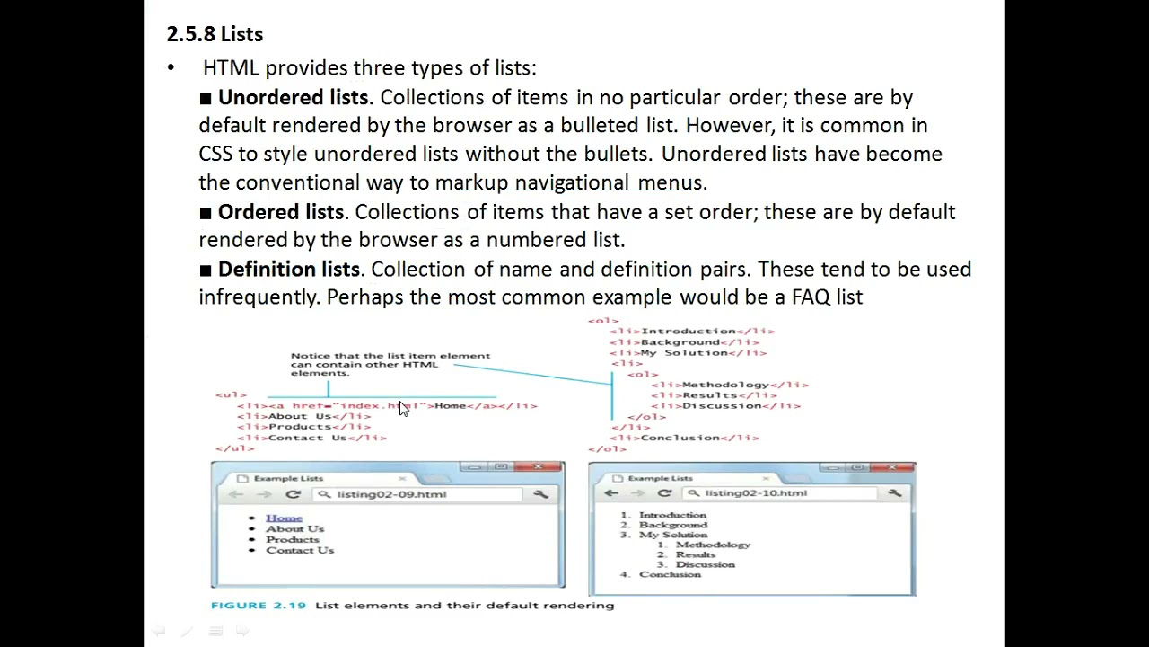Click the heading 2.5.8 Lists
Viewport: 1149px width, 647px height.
coord(215,34)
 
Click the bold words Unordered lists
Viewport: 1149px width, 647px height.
coord(293,97)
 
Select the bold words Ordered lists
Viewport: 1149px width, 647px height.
coord(280,212)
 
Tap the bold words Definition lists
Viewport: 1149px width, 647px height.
coord(288,270)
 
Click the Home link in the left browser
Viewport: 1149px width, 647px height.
coord(284,518)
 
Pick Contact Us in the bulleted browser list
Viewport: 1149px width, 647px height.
coord(300,550)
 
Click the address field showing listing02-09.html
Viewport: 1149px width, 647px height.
coord(391,494)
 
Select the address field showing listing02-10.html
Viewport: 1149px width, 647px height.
coord(755,493)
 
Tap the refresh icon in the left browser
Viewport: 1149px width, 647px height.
coord(293,494)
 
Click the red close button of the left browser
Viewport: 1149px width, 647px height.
coord(539,467)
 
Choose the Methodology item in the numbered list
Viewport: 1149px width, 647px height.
coord(713,545)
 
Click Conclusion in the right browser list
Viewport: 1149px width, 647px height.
coord(670,574)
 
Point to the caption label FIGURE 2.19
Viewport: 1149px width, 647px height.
coord(259,606)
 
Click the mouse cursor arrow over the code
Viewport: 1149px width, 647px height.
coord(403,409)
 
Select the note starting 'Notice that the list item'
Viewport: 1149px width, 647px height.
coord(390,364)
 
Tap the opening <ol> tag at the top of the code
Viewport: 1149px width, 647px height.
coord(603,321)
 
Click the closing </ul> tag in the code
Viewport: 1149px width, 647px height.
coord(234,448)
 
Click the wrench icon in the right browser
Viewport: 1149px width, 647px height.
coord(894,493)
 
